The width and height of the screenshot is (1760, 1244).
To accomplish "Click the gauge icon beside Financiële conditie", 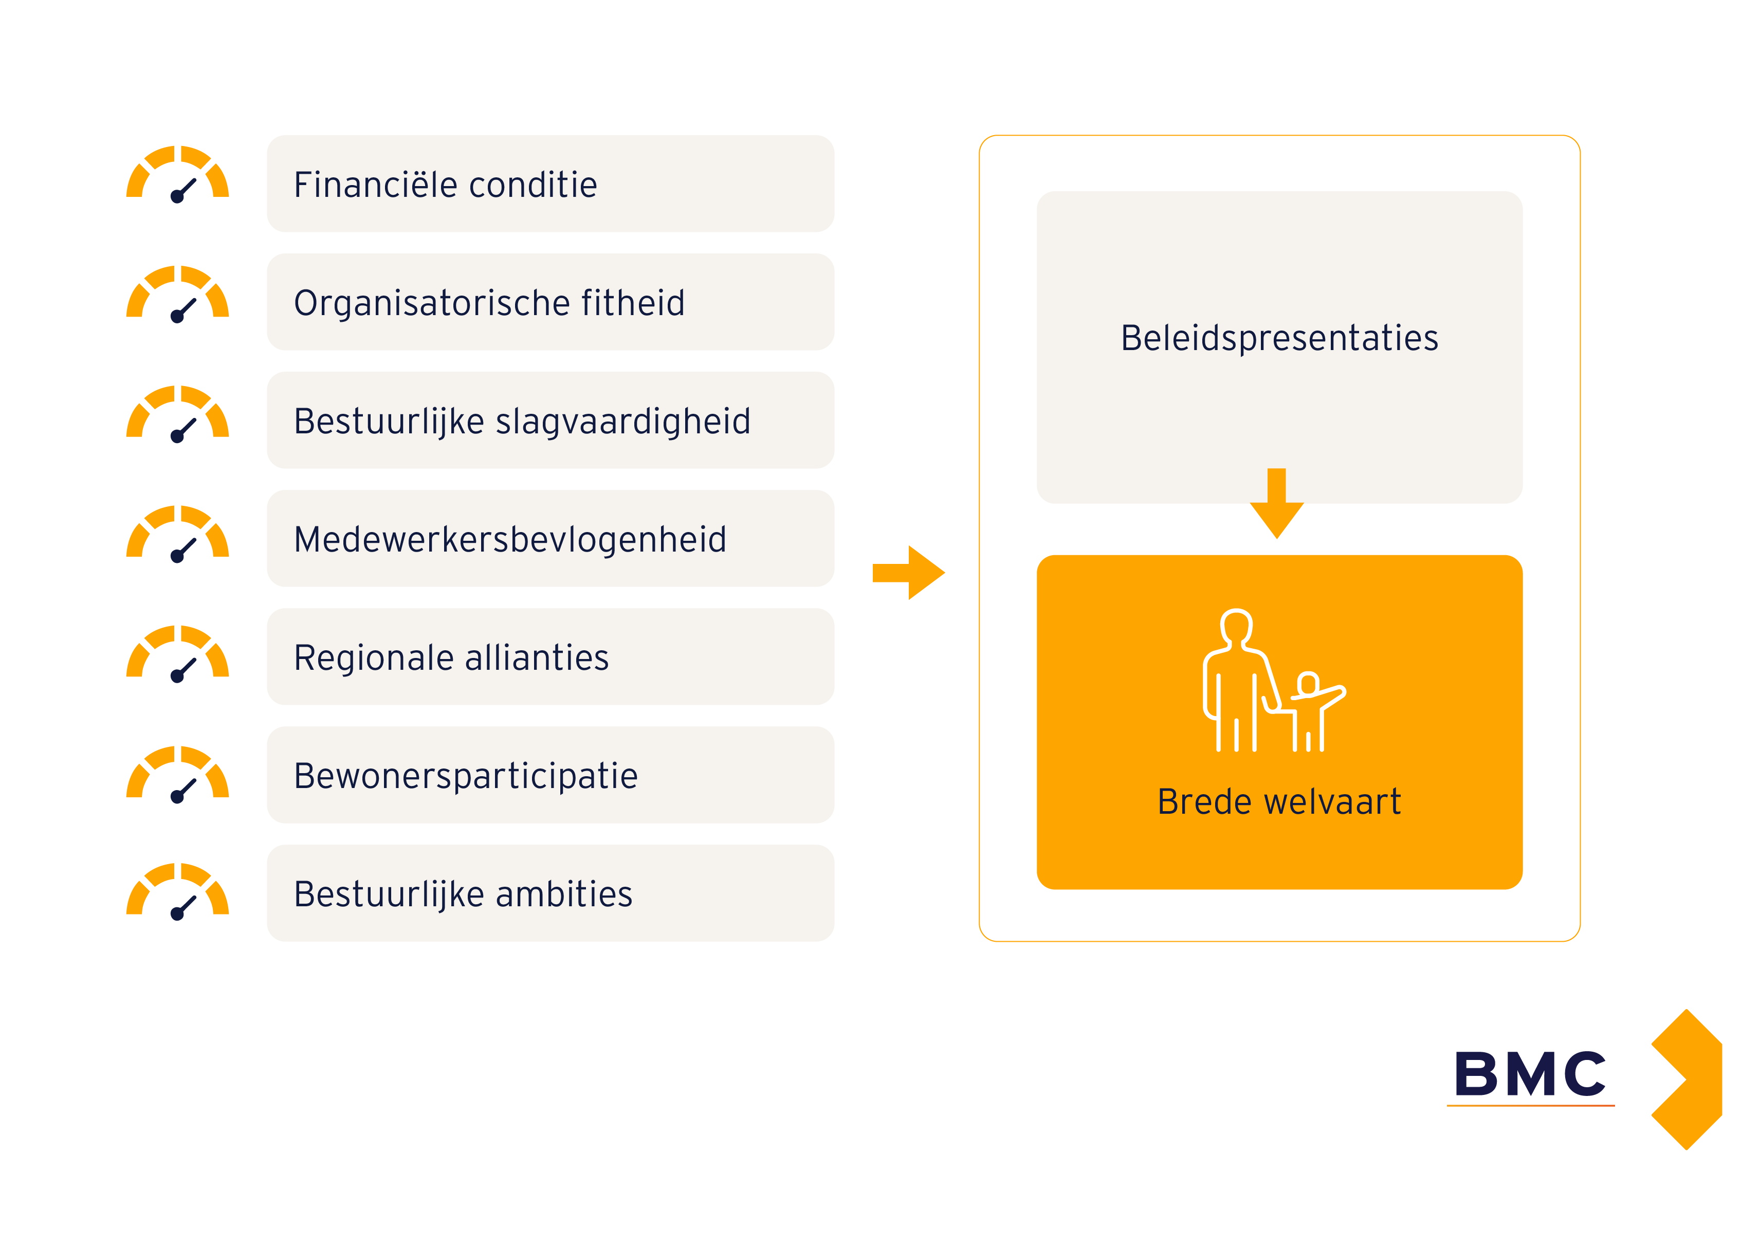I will pos(177,175).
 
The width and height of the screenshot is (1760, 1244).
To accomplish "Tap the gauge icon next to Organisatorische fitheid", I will pos(177,295).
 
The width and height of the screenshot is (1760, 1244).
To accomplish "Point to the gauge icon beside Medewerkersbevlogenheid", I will pos(177,534).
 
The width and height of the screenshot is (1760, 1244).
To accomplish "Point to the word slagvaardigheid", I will pos(622,422).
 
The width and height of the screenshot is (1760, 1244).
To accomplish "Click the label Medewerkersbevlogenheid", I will pos(510,540).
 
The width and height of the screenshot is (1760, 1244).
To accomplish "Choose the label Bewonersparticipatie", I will pos(465,776).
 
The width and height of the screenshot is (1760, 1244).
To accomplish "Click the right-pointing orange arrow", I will pos(909,573).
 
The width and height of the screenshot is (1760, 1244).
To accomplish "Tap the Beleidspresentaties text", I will pos(1279,338).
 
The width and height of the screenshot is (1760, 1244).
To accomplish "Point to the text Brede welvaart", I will pos(1278,802).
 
